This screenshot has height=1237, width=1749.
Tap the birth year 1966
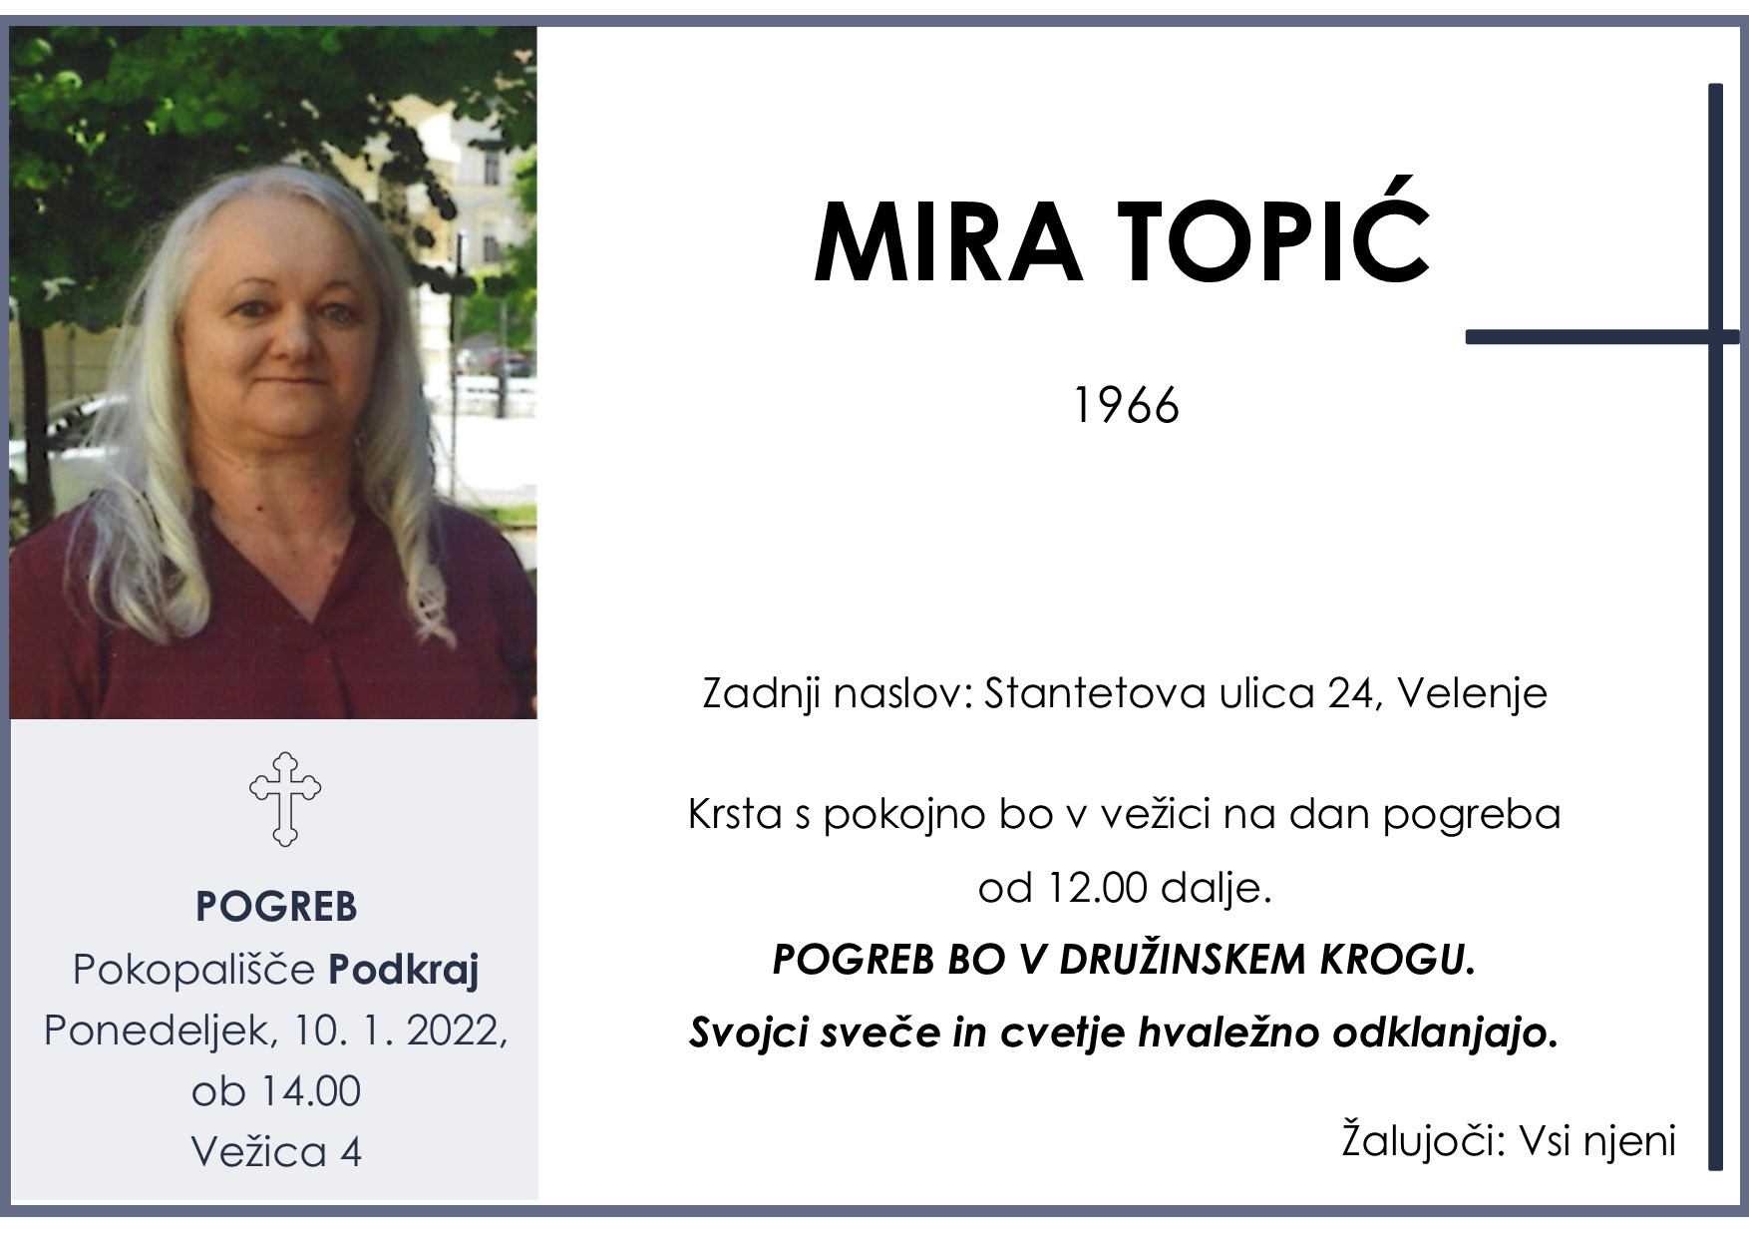click(x=1126, y=406)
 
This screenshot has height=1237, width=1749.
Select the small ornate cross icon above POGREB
click(x=285, y=799)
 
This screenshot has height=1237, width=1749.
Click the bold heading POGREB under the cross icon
click(x=276, y=907)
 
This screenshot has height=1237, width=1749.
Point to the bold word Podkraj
click(x=404, y=969)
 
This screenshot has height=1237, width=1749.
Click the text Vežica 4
click(x=276, y=1152)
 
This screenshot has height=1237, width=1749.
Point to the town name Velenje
click(x=1472, y=693)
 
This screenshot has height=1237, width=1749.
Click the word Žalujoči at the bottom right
click(x=1422, y=1140)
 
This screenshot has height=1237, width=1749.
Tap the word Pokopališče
click(x=194, y=969)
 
